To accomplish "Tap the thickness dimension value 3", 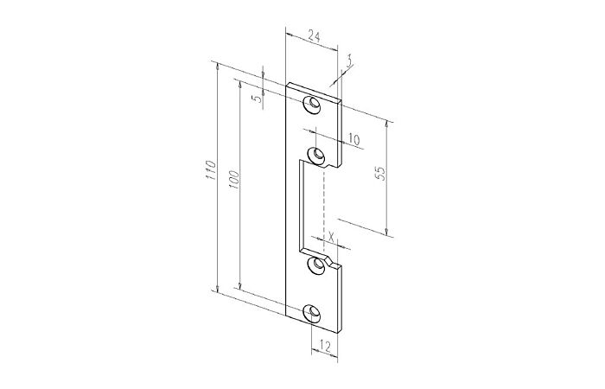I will click(349, 61).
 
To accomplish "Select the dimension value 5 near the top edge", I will click(256, 98).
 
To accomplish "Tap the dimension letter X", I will click(331, 235).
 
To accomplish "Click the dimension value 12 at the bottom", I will click(323, 346).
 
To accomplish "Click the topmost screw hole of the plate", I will click(311, 105).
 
